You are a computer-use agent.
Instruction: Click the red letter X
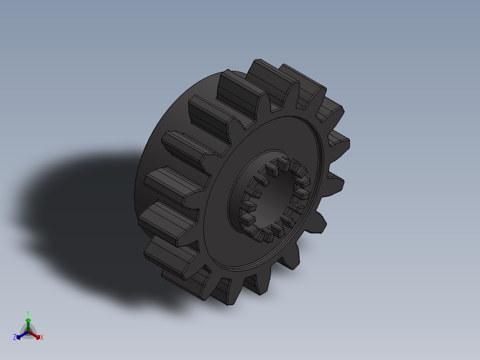click(42, 338)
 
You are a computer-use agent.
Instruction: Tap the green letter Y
click(28, 313)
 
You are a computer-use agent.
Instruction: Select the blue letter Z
click(15, 337)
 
